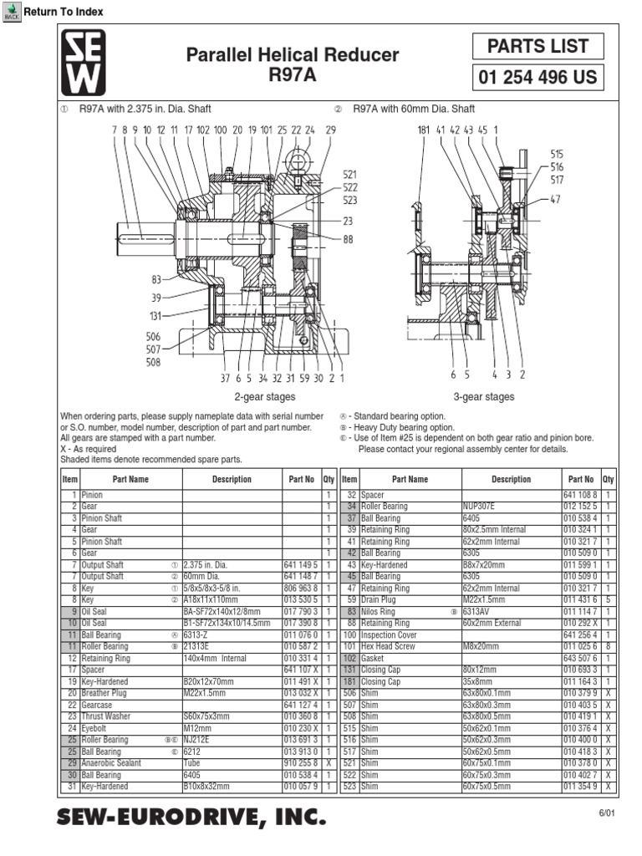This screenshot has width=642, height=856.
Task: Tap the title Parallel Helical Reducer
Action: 292,55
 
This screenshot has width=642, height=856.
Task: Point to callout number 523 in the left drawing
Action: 349,201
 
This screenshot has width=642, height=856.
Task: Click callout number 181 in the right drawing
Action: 424,130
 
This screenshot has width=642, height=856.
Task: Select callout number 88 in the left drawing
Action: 348,239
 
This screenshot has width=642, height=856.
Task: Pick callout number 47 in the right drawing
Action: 556,199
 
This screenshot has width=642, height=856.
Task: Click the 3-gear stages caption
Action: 483,397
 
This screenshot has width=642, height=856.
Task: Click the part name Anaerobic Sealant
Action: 111,763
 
